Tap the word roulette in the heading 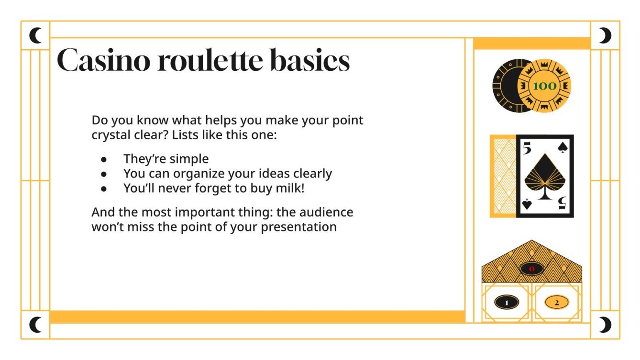(209, 60)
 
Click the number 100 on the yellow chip (544, 86)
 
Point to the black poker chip (505, 86)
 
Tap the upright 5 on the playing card (527, 149)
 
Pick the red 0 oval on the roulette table (532, 269)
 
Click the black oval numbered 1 (507, 302)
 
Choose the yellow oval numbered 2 (557, 302)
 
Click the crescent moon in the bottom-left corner (35, 325)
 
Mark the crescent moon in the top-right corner (606, 35)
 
